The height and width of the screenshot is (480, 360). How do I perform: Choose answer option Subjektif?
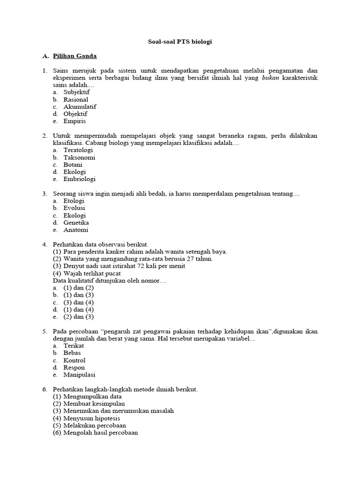[x=76, y=92]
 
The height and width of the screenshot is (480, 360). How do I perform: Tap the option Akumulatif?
[x=80, y=107]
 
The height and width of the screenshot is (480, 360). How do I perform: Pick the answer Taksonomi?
[x=79, y=157]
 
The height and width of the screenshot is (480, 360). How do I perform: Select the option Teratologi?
[x=79, y=150]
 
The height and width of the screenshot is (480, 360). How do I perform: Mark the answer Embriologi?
[x=79, y=179]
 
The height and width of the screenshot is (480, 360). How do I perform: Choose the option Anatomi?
[x=75, y=230]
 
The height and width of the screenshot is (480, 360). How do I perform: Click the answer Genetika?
[x=76, y=223]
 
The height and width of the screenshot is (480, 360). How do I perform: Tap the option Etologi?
[x=74, y=201]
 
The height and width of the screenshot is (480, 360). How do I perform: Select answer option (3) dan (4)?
[x=78, y=302]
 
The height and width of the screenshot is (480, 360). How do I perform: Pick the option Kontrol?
[x=75, y=360]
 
